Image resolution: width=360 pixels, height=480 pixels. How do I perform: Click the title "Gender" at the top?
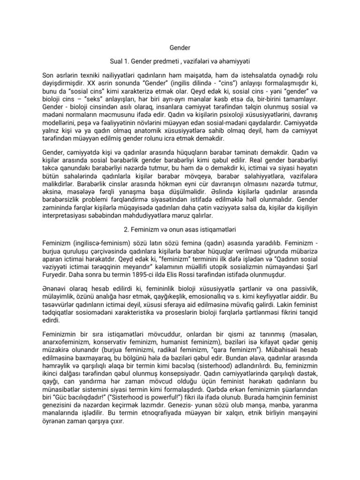point(180,48)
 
